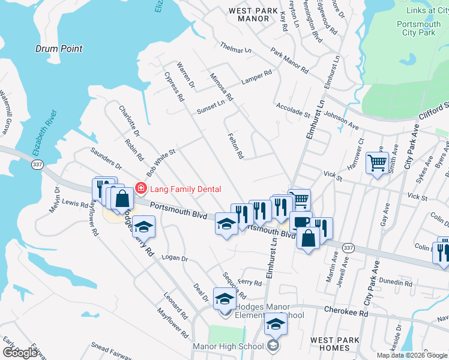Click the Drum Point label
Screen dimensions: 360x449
59,49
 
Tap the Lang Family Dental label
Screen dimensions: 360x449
185,189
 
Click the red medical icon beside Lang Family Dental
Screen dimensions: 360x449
141,189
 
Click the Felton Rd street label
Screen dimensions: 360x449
235,146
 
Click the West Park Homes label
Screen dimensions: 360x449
335,344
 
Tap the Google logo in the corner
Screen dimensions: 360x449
20,353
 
